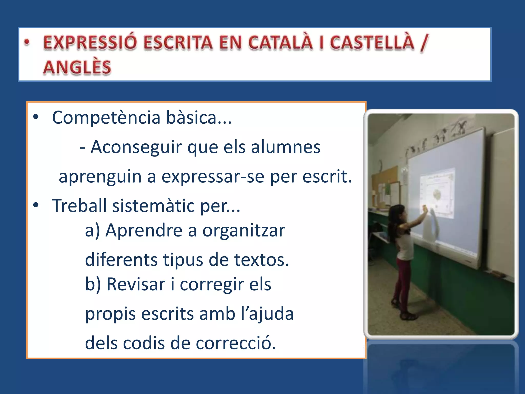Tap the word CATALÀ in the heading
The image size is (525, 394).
pyautogui.click(x=280, y=42)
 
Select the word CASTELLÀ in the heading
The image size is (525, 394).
pyautogui.click(x=372, y=42)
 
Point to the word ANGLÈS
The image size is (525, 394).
pyautogui.click(x=77, y=67)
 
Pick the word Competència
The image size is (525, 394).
pyautogui.click(x=106, y=117)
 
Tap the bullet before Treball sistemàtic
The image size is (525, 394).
pyautogui.click(x=36, y=205)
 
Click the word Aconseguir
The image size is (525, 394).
pyautogui.click(x=136, y=147)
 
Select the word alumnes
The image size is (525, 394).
pyautogui.click(x=286, y=147)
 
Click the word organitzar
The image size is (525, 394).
pyautogui.click(x=244, y=230)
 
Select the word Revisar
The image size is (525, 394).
pyautogui.click(x=136, y=284)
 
